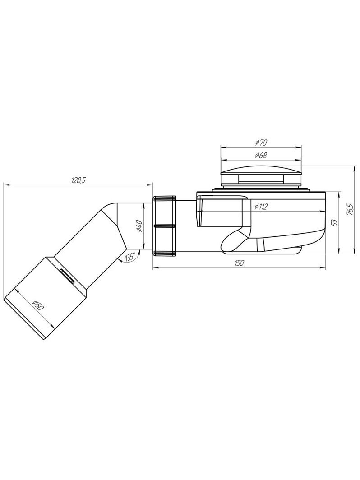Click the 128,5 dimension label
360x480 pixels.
coord(78,181)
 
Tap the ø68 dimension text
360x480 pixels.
coord(261,155)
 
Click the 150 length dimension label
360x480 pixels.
coord(240,263)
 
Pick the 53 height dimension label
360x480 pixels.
coord(335,222)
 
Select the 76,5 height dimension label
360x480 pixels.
coord(351,210)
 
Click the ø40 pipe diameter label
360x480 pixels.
coord(138,226)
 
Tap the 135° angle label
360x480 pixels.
coord(130,257)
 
